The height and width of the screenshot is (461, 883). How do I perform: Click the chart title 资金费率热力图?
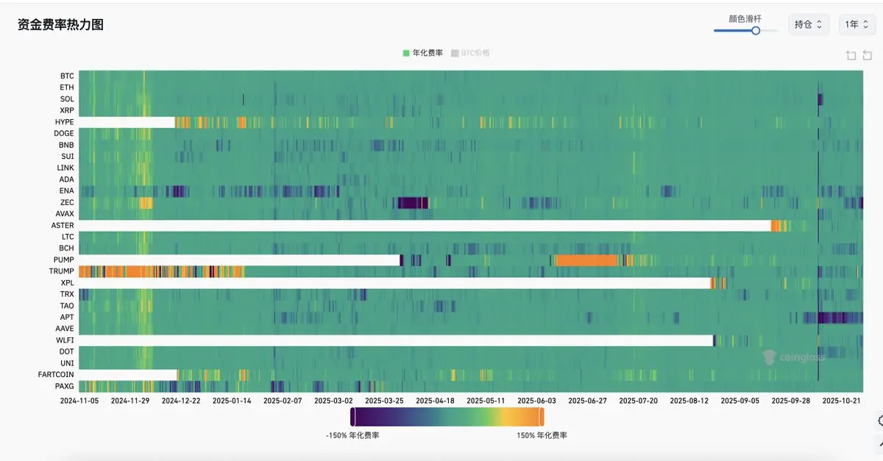click(60, 25)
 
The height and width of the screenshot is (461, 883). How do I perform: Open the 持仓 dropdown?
click(809, 24)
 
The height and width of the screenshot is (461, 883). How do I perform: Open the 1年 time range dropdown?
click(857, 24)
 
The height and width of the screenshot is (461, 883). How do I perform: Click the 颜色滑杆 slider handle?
click(756, 30)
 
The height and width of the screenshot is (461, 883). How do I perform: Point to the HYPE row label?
click(64, 122)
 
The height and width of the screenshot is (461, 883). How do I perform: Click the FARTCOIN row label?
click(56, 374)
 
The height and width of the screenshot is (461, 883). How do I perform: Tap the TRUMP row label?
click(61, 271)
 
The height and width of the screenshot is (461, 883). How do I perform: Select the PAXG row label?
click(64, 386)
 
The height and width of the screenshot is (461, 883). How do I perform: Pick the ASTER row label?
click(63, 225)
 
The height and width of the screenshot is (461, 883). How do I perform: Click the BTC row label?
click(67, 76)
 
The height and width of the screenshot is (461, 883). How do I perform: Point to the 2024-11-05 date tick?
click(79, 401)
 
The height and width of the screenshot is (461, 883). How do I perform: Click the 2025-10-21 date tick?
click(841, 401)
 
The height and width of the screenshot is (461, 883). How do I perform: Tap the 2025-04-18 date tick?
click(435, 401)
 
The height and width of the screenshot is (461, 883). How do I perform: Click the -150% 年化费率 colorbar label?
click(352, 435)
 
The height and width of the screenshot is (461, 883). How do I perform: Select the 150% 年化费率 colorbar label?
click(542, 435)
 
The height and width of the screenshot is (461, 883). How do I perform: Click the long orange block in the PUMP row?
click(586, 260)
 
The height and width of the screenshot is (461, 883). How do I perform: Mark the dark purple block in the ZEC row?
click(413, 203)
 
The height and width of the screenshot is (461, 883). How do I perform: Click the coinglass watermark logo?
click(793, 357)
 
